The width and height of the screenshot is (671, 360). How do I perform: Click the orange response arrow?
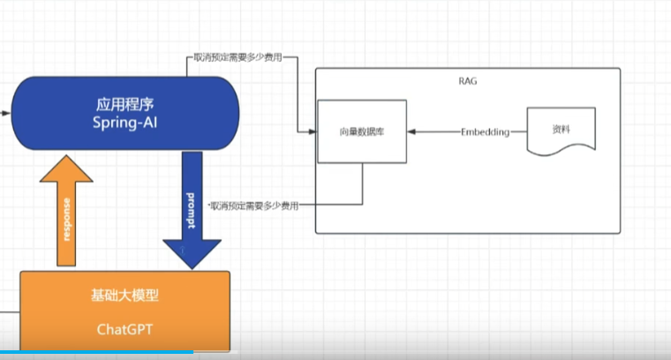[66, 207]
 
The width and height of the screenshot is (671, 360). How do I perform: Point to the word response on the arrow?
[66, 221]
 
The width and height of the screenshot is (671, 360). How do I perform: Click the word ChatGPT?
[123, 329]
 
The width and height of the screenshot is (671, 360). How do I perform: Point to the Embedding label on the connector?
[486, 132]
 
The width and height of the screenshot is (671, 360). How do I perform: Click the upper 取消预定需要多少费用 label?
[237, 57]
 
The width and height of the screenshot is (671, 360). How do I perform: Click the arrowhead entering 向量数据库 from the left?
[313, 132]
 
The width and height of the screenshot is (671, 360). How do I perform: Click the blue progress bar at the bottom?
[97, 354]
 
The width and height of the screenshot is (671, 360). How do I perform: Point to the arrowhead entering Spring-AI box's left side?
[7, 114]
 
